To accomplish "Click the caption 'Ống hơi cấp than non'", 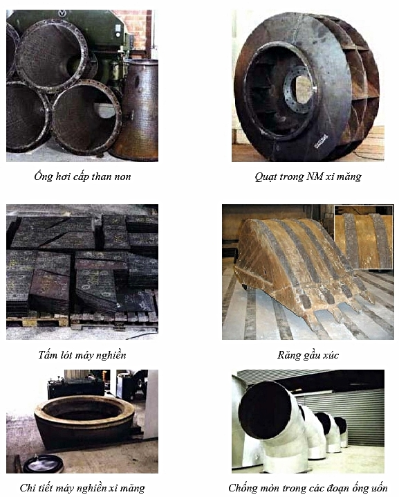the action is tap(82, 177).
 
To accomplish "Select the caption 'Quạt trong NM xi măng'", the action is tap(308, 177).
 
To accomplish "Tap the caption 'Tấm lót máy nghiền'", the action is tap(82, 354).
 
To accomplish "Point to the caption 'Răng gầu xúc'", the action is tap(308, 354).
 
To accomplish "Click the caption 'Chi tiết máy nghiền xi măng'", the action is tap(82, 487).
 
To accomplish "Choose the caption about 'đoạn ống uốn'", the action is tap(308, 487).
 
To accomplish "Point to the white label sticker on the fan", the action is tap(321, 141).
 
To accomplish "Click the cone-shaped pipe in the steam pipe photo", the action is tap(136, 109).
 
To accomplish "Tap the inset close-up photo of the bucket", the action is tap(364, 237).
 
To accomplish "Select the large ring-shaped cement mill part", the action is tap(84, 420).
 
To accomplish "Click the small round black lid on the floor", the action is tap(44, 464).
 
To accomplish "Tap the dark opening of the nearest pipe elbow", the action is tap(264, 406).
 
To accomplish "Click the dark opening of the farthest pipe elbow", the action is tap(340, 425).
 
